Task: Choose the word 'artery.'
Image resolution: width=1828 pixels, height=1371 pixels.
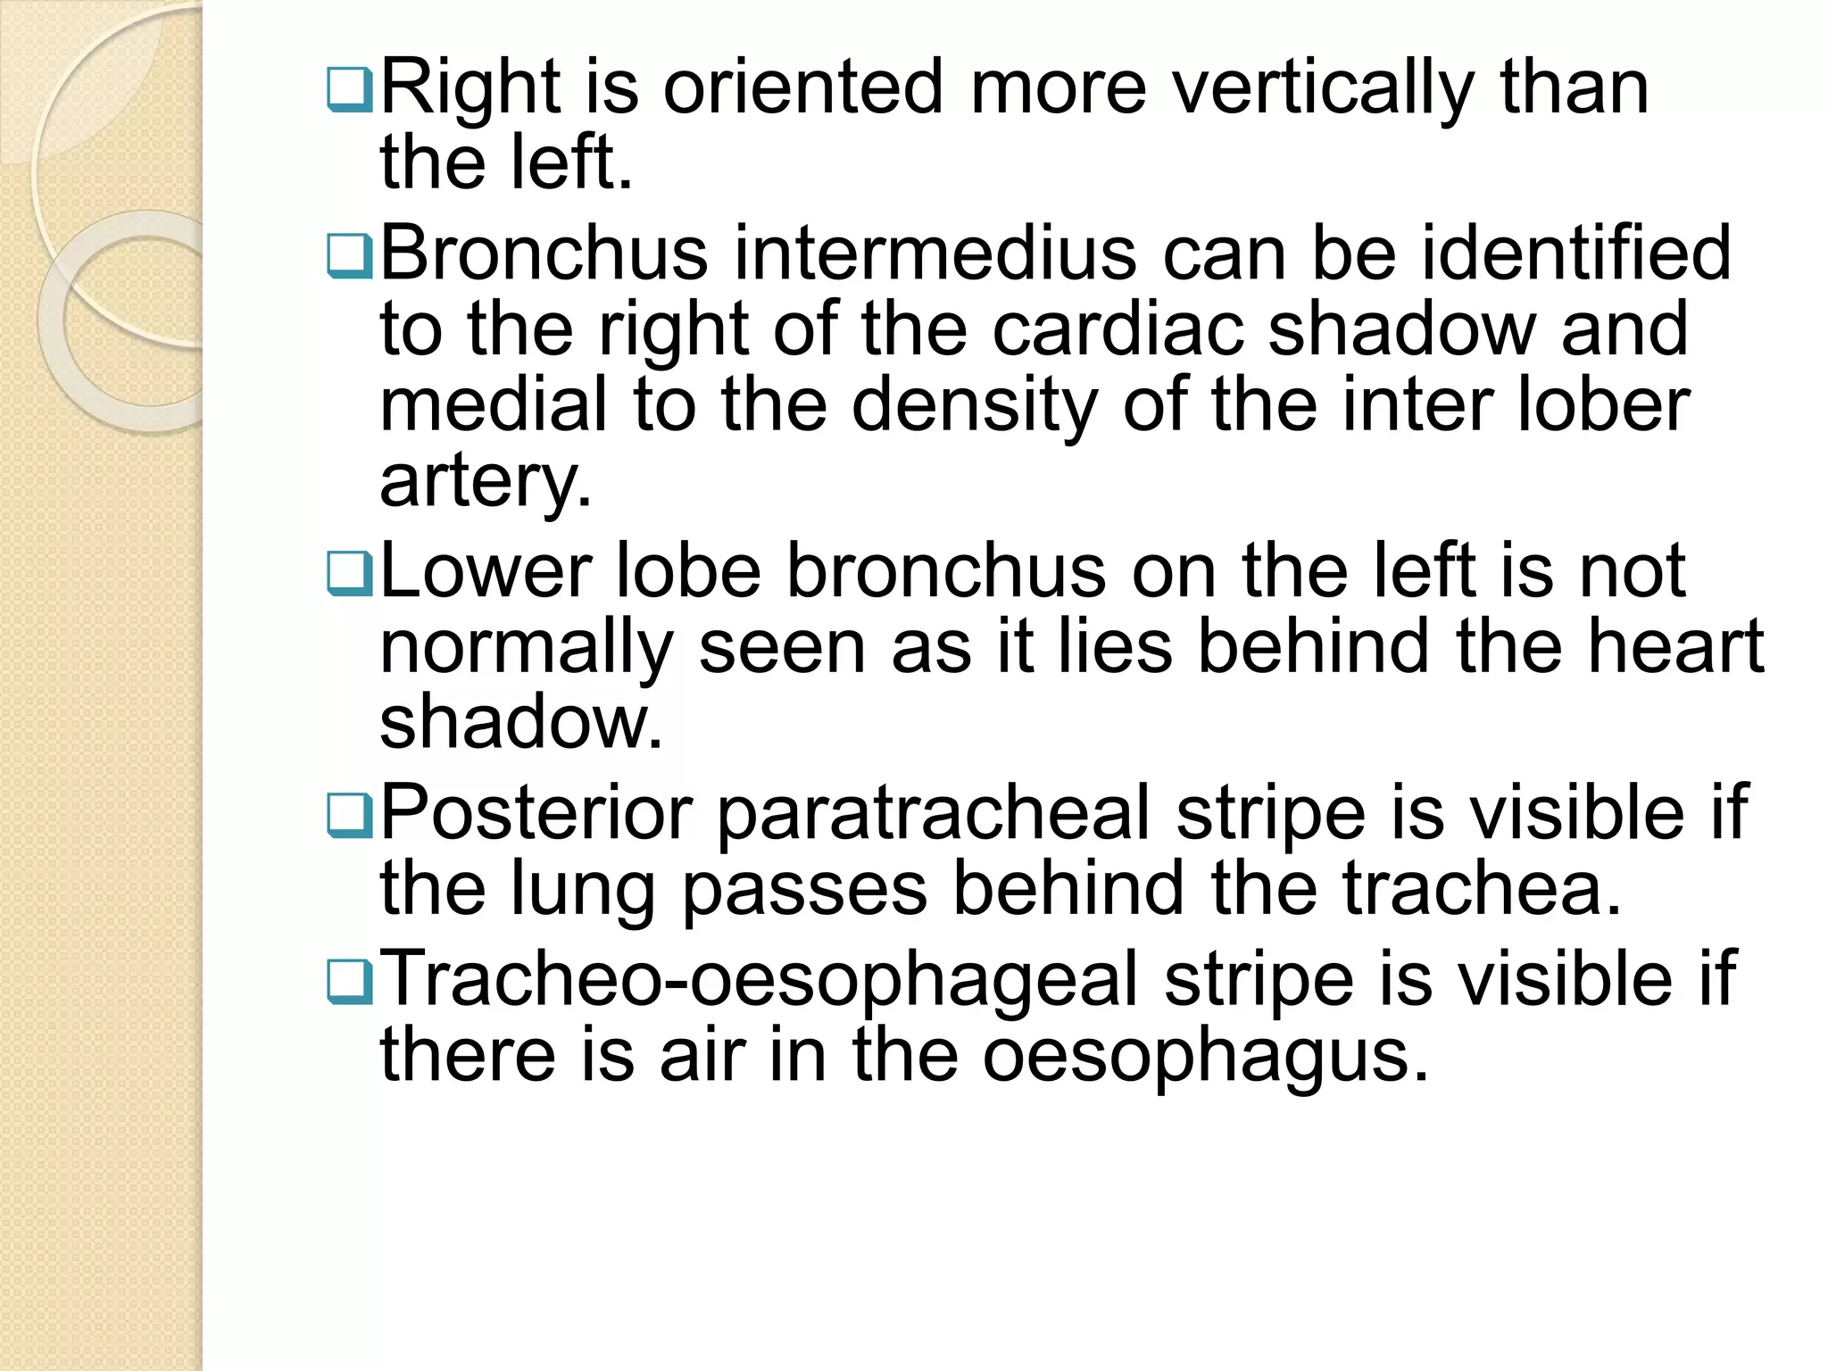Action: pyautogui.click(x=486, y=481)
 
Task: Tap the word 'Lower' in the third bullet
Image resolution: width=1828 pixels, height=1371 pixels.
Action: pyautogui.click(x=486, y=571)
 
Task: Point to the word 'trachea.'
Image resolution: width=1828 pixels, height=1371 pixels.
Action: pyautogui.click(x=1482, y=888)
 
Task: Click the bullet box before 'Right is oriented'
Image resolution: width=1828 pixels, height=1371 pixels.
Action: pyautogui.click(x=350, y=90)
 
